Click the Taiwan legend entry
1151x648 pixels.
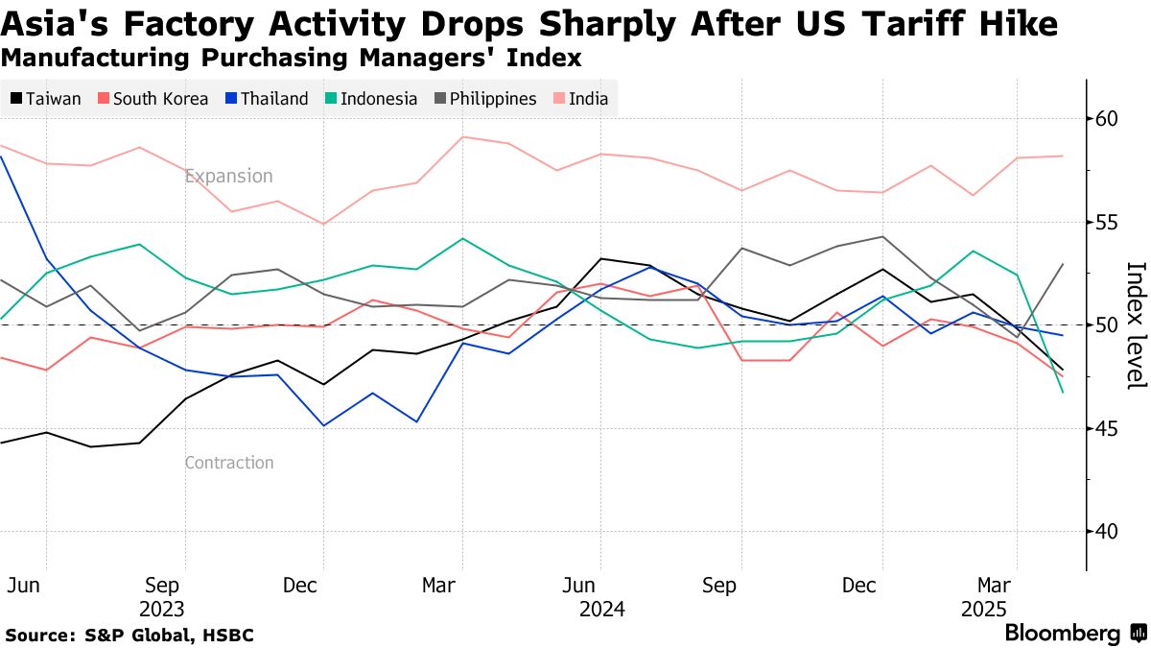46,99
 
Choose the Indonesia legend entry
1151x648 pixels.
371,99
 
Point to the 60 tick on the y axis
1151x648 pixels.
1108,119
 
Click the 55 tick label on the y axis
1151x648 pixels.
1108,223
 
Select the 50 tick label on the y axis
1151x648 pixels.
1108,325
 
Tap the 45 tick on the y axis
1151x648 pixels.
1108,428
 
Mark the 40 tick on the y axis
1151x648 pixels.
1108,532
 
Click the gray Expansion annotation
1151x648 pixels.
229,177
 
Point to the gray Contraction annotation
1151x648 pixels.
229,463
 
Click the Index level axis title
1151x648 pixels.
1136,325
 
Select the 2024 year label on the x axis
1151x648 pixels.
601,610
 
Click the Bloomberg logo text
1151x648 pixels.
1063,634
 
